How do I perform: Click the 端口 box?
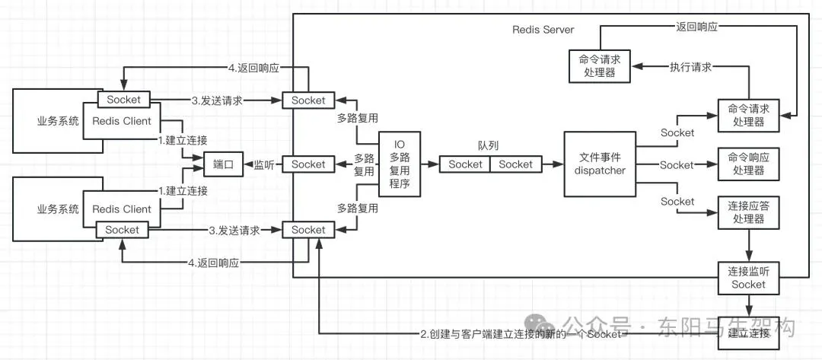click(x=223, y=164)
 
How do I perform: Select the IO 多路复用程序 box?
click(x=400, y=165)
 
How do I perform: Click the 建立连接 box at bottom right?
click(x=748, y=333)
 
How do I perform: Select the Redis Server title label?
click(x=543, y=30)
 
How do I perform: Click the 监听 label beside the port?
click(x=265, y=164)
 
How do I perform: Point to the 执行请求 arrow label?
click(x=690, y=67)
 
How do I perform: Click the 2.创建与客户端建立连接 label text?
click(x=521, y=334)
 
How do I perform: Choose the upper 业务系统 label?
click(x=58, y=120)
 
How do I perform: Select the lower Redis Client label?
click(x=122, y=209)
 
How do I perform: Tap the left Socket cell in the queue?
click(x=465, y=164)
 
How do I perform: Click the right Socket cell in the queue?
click(x=516, y=164)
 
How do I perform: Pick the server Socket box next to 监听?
click(x=308, y=164)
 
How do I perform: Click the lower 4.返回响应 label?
click(x=214, y=263)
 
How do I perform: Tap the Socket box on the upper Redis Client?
click(x=123, y=100)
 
